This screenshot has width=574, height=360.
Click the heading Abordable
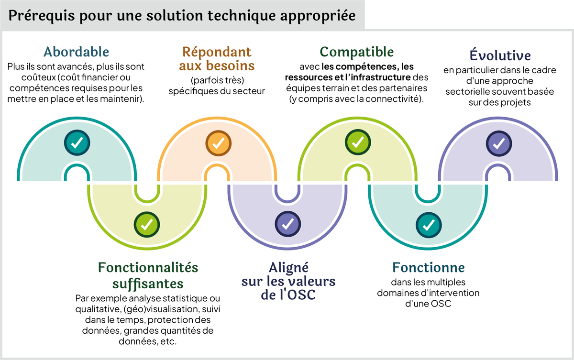76,52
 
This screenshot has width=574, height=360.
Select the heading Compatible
356,52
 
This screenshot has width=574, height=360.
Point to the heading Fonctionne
428,267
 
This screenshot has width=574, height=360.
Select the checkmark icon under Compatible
357,142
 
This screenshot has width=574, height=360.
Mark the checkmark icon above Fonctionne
428,223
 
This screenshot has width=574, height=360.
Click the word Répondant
217,52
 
